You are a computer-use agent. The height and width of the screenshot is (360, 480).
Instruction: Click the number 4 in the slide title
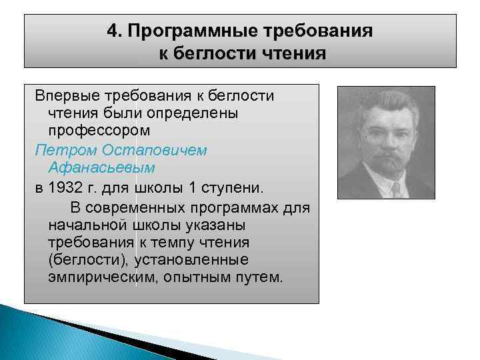pyautogui.click(x=113, y=32)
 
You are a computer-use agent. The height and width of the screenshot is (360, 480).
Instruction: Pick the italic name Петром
pyautogui.click(x=61, y=150)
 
